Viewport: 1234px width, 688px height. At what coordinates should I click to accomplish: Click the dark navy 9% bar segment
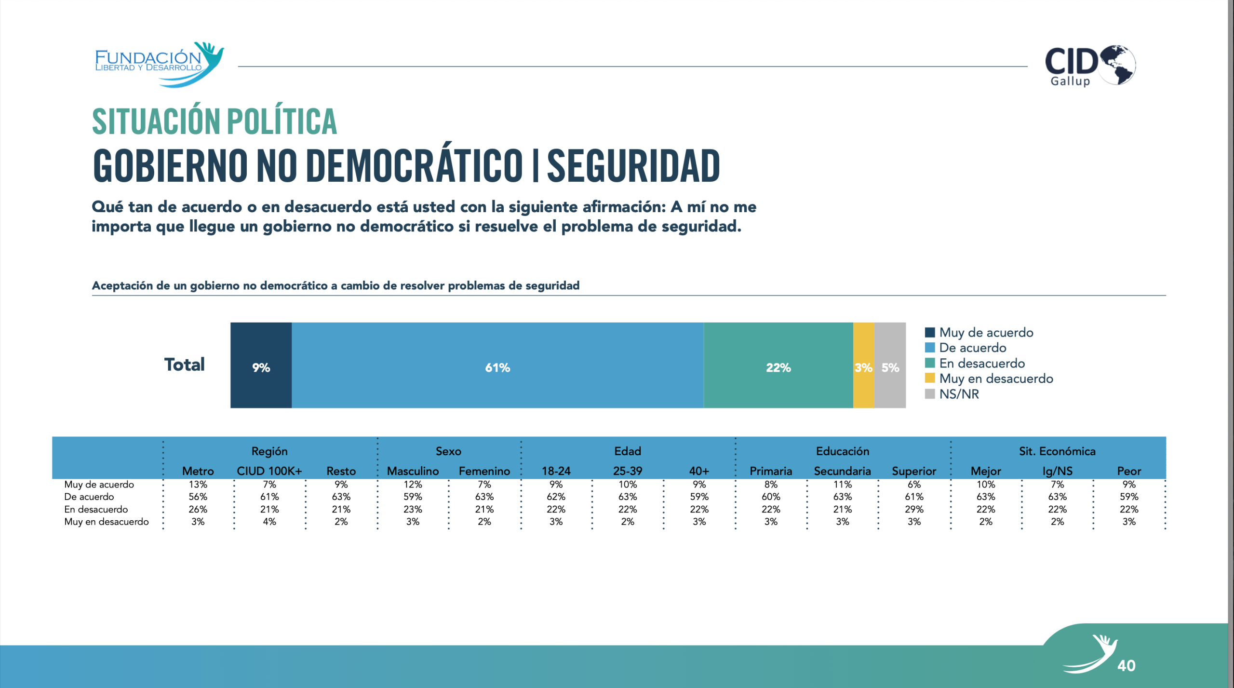pyautogui.click(x=261, y=365)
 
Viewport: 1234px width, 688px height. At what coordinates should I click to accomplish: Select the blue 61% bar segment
pyautogui.click(x=497, y=365)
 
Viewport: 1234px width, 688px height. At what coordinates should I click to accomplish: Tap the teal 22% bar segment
pyautogui.click(x=778, y=365)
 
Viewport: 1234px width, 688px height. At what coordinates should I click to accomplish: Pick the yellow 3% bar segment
pyautogui.click(x=863, y=365)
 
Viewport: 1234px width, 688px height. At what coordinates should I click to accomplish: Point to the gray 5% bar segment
pyautogui.click(x=890, y=365)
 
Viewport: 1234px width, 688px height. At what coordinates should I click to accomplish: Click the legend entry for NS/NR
pyautogui.click(x=958, y=394)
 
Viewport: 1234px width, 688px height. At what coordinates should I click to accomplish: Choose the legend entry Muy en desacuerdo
pyautogui.click(x=995, y=378)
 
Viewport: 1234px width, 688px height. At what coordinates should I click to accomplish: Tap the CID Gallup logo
pyautogui.click(x=1089, y=66)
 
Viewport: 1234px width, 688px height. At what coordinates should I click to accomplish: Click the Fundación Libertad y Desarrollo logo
pyautogui.click(x=159, y=64)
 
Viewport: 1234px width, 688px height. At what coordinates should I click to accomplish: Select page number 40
pyautogui.click(x=1126, y=665)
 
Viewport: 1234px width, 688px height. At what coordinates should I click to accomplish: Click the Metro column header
pyautogui.click(x=198, y=471)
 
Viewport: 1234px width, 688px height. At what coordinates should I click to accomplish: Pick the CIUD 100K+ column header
pyautogui.click(x=269, y=471)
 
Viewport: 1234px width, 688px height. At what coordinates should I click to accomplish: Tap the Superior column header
pyautogui.click(x=914, y=471)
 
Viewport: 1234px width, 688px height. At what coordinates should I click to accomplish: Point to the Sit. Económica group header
pyautogui.click(x=1057, y=451)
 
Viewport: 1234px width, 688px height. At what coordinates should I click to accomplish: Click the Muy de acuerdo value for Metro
pyautogui.click(x=198, y=484)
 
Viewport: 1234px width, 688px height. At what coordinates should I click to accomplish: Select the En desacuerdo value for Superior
pyautogui.click(x=914, y=509)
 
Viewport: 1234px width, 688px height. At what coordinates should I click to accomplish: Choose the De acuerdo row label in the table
pyautogui.click(x=89, y=497)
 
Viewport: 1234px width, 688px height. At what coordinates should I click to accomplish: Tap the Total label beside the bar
pyautogui.click(x=185, y=364)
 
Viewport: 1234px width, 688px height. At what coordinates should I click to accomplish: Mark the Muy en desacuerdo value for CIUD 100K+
pyautogui.click(x=269, y=522)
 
